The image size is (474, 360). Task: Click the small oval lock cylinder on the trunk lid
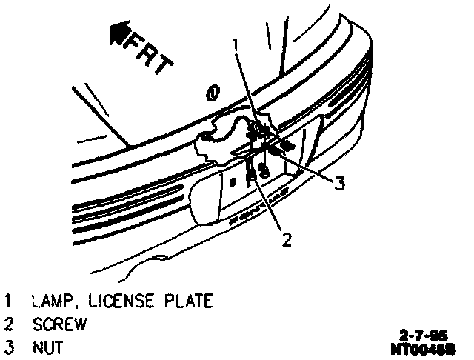click(213, 93)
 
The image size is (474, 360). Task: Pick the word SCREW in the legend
click(59, 324)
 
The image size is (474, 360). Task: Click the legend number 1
click(8, 301)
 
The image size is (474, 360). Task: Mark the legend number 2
click(8, 324)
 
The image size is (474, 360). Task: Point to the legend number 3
click(8, 347)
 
